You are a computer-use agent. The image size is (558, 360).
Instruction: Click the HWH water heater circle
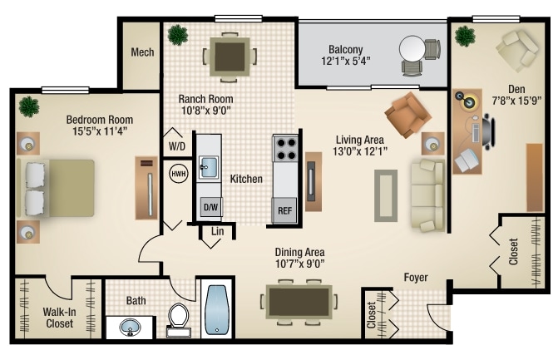click(178, 174)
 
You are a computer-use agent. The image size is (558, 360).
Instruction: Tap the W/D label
click(177, 146)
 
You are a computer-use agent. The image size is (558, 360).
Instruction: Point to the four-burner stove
click(286, 149)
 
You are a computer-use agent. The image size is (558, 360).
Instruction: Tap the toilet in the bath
click(179, 319)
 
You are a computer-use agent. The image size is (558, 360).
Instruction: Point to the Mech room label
click(142, 52)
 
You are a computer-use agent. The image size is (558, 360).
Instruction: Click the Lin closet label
click(216, 231)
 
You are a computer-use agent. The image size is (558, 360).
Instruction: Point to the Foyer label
click(416, 277)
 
